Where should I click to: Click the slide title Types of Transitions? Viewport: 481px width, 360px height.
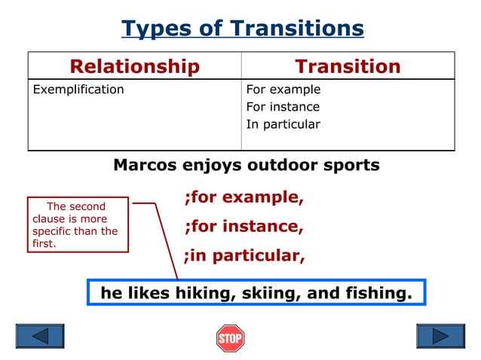[x=242, y=29]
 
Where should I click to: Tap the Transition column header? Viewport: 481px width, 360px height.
[x=348, y=66]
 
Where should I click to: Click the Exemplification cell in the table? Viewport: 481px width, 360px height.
[x=78, y=90]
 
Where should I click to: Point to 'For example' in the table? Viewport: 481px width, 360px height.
[x=283, y=90]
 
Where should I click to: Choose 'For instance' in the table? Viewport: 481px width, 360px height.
[x=283, y=107]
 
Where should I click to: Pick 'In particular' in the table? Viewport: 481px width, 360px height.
[x=283, y=124]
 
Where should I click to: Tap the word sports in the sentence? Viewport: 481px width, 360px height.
[x=349, y=165]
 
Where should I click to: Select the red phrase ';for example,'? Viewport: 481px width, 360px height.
[x=244, y=197]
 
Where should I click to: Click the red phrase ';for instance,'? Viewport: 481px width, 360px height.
[x=244, y=226]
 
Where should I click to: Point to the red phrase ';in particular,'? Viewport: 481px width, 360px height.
[x=244, y=255]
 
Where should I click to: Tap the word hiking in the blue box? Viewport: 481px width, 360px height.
[x=205, y=293]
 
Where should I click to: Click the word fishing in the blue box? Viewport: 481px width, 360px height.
[x=380, y=293]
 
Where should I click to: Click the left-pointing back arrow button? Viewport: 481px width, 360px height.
[x=40, y=336]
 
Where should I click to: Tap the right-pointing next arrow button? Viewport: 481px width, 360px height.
[x=441, y=336]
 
